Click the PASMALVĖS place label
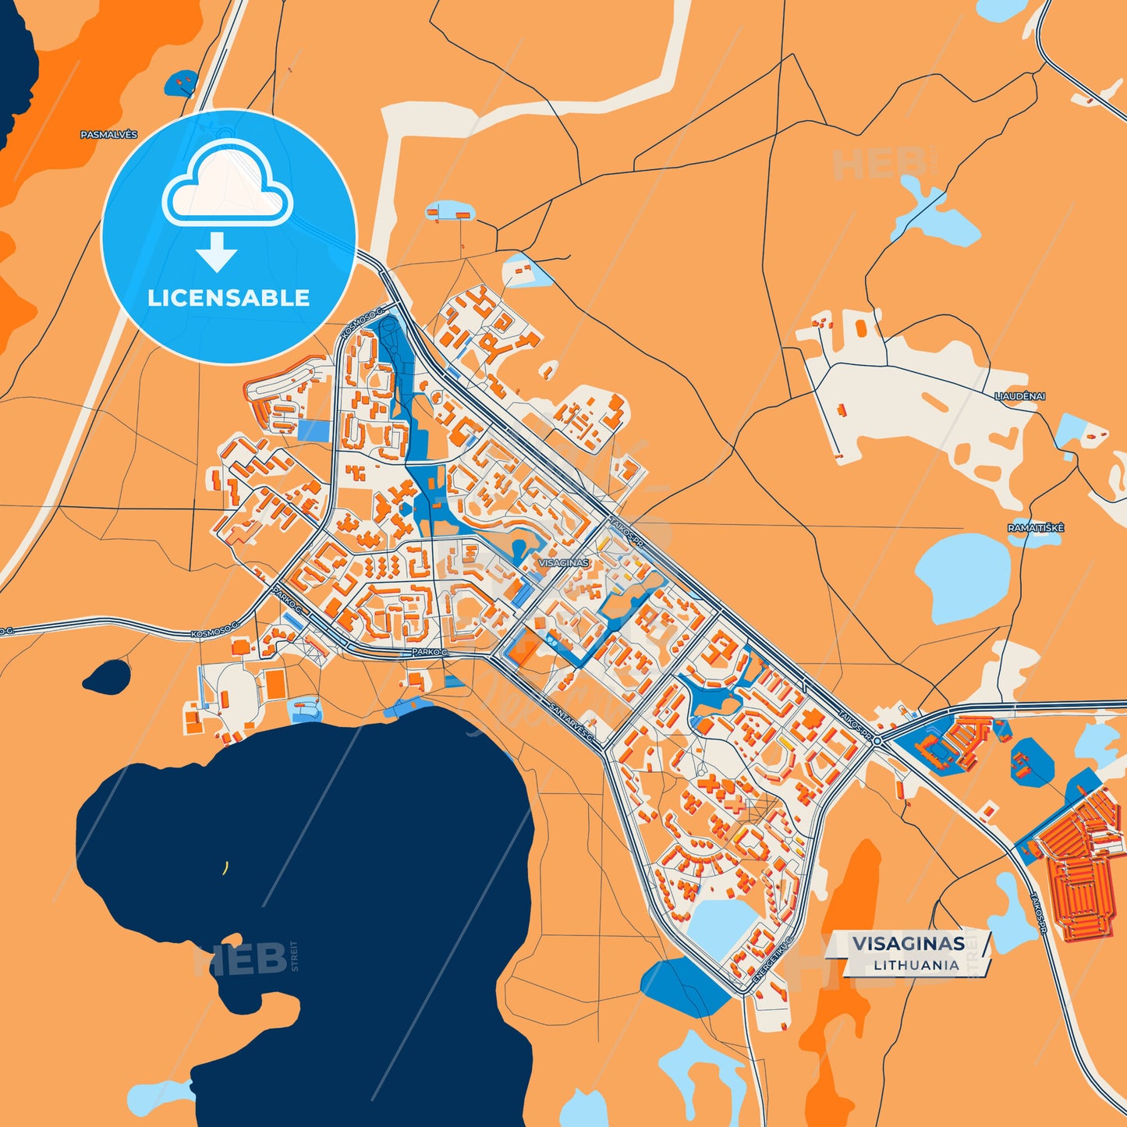(x=108, y=135)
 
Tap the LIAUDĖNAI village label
(x=1019, y=396)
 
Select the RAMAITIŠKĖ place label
(x=1035, y=528)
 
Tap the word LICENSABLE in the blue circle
(x=229, y=298)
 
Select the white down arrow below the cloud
(x=217, y=251)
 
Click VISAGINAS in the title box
(x=908, y=944)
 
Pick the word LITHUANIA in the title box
(x=916, y=965)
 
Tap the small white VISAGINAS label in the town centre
(x=563, y=562)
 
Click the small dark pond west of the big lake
(x=107, y=676)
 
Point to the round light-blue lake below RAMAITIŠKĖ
(x=962, y=578)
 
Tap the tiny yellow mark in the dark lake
(x=225, y=867)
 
